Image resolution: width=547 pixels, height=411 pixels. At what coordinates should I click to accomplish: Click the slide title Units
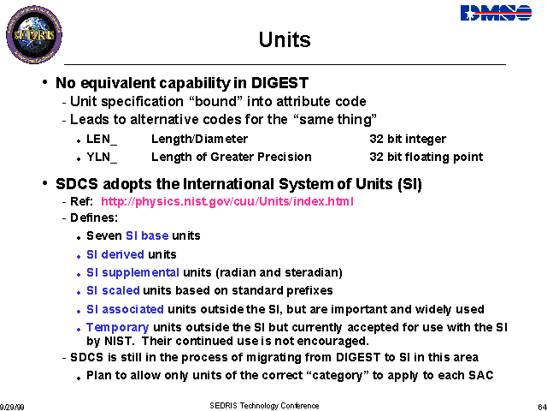pos(285,39)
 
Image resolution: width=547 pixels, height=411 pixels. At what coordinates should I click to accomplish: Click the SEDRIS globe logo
pos(34,34)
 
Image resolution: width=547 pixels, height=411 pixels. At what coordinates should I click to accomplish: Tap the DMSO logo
pos(496,13)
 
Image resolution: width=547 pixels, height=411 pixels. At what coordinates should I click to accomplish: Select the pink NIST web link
pos(227,202)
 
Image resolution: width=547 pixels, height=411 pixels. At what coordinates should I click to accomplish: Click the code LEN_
pos(102,139)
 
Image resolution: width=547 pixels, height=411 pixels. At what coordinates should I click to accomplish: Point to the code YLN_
pos(102,158)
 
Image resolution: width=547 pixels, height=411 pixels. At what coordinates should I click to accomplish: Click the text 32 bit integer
pos(408,139)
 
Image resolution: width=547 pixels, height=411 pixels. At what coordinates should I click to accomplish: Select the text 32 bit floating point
pos(426,158)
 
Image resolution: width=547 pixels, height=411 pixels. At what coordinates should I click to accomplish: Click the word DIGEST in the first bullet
pos(279,83)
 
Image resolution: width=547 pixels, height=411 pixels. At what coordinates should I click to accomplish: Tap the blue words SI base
pos(147,236)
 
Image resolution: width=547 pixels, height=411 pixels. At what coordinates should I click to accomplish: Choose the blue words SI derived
pos(115,254)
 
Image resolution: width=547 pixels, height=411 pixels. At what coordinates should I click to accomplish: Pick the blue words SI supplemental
pos(133,272)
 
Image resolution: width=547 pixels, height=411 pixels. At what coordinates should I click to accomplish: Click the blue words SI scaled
pos(113,291)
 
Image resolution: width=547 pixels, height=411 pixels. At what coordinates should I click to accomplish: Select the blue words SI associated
pos(125,309)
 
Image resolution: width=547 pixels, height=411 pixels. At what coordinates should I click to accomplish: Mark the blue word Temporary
pos(118,328)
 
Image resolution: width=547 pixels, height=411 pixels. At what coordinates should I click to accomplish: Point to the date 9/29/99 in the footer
pos(12,408)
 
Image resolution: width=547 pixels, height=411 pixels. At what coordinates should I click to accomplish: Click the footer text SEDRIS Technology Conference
pos(264,406)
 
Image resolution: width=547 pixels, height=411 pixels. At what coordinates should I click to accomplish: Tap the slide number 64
pos(543,408)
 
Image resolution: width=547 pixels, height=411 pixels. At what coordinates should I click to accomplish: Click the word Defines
pos(92,218)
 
